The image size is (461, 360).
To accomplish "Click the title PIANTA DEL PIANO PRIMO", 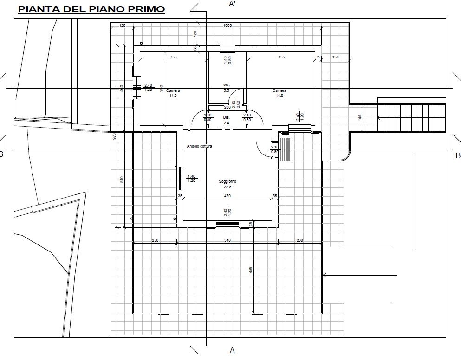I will [91, 9].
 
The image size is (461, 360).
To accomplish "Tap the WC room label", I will [227, 85].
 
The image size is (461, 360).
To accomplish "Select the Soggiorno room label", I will [227, 181].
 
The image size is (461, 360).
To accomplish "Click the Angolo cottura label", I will [200, 146].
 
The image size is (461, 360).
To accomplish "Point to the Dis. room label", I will [227, 117].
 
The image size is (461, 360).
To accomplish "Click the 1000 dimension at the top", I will [227, 26].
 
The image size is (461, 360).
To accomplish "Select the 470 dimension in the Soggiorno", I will [227, 196].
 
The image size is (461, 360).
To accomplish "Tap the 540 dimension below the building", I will [227, 240].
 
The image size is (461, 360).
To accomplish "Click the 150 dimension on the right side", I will [336, 57].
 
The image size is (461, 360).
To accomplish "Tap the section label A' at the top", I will [232, 4].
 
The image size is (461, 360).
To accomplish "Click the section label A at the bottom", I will [232, 350].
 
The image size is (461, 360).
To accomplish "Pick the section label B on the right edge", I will [457, 155].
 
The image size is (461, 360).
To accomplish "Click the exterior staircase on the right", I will [411, 118].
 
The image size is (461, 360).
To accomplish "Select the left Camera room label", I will [173, 90].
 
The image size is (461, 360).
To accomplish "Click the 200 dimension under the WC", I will [227, 107].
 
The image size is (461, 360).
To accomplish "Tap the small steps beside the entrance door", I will [285, 148].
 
